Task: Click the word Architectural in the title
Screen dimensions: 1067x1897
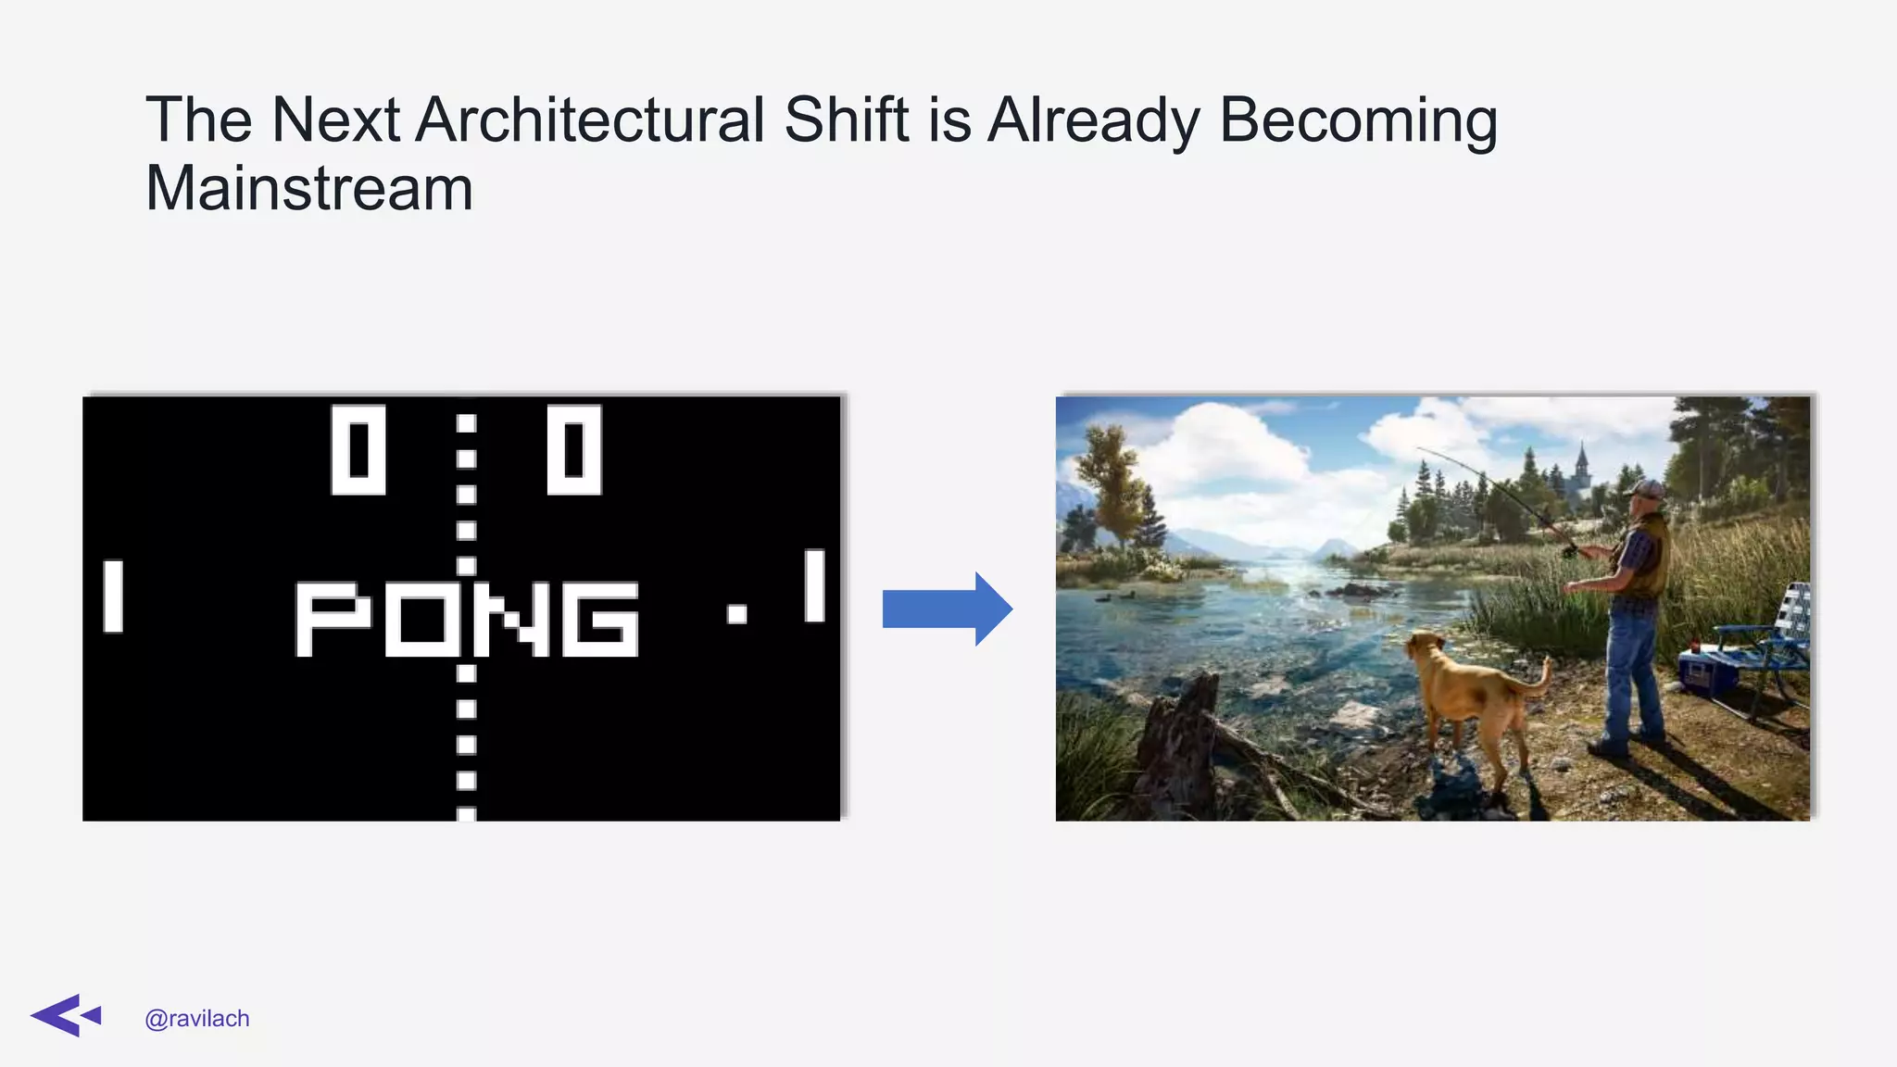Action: [x=590, y=120]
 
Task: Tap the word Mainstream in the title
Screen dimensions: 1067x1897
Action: [x=309, y=189]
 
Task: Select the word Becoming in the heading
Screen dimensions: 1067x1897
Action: [x=1358, y=120]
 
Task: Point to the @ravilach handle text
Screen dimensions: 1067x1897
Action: [x=197, y=1019]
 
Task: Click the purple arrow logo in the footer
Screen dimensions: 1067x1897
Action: [x=65, y=1016]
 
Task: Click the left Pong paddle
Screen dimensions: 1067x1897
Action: [x=113, y=596]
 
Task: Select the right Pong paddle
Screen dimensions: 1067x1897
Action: [x=814, y=585]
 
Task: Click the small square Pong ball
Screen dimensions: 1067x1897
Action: [x=737, y=613]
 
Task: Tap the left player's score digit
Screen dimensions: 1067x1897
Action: [x=358, y=449]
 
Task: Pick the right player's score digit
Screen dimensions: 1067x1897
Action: [x=574, y=449]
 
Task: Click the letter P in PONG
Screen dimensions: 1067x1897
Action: [x=332, y=619]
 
